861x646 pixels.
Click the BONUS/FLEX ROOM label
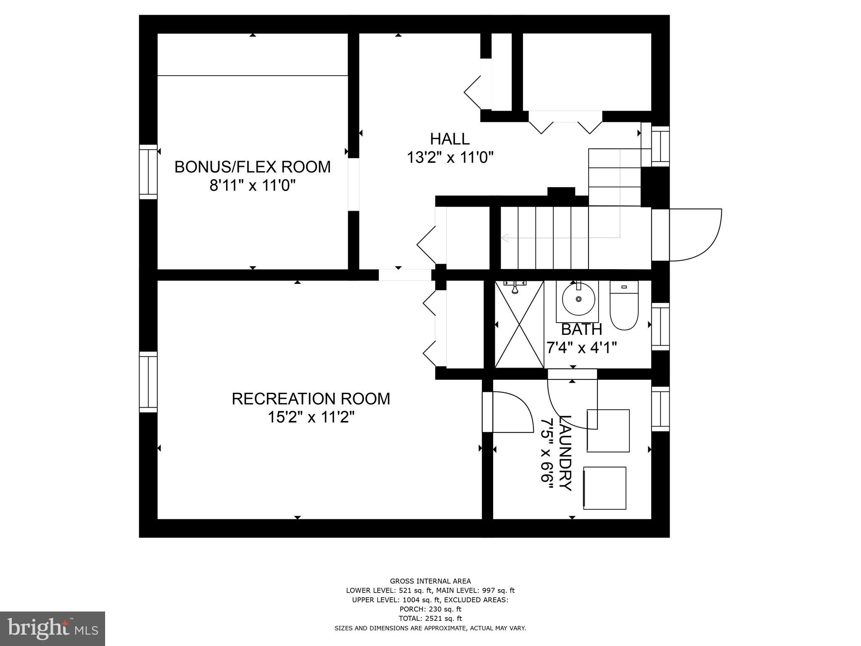click(253, 167)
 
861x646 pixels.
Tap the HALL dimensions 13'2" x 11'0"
click(449, 158)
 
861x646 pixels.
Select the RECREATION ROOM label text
click(311, 399)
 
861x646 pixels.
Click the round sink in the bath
click(579, 299)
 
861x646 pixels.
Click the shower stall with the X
click(519, 324)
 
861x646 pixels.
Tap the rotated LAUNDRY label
click(565, 453)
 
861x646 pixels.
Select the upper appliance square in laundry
click(608, 431)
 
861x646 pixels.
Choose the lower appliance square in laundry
click(605, 488)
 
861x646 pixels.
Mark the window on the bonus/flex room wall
click(148, 172)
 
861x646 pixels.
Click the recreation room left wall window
click(148, 382)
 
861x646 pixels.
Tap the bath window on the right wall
click(660, 326)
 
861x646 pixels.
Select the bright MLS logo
click(52, 629)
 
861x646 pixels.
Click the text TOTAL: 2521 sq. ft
click(430, 618)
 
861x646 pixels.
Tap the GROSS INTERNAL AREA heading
click(430, 581)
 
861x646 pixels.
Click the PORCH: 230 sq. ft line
click(430, 609)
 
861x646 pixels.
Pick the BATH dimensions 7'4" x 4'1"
click(581, 348)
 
